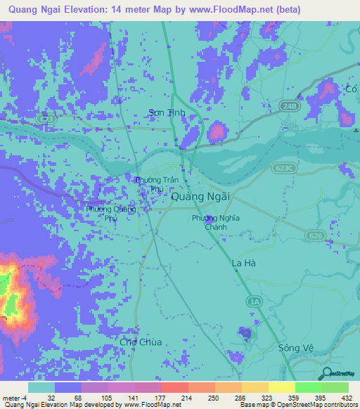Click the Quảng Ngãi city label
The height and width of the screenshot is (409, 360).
(200, 198)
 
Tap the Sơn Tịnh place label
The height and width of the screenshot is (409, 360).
(165, 112)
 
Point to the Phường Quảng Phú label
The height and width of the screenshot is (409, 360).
(110, 213)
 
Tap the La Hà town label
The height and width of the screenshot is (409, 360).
(246, 264)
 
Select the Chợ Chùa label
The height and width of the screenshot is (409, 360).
(141, 342)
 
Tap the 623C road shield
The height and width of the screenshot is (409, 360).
(285, 168)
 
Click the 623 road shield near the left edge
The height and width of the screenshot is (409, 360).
(46, 119)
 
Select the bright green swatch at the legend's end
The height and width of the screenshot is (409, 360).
(335, 387)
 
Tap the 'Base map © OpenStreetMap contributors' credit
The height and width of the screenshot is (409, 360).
(297, 405)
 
